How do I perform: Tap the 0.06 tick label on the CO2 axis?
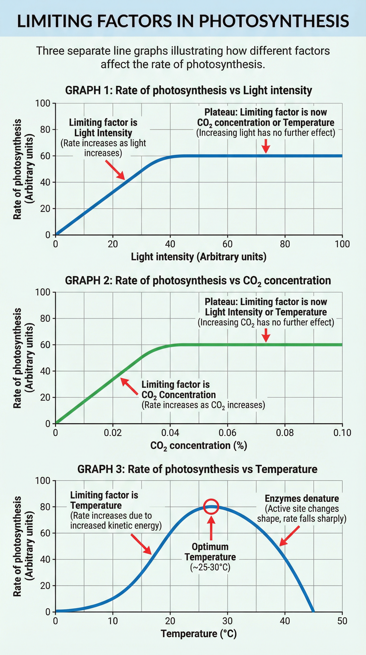click(x=227, y=432)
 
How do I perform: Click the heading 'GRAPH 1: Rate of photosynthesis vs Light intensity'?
click(x=188, y=90)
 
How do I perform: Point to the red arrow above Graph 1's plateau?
click(x=266, y=146)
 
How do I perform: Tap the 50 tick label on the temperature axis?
click(x=342, y=621)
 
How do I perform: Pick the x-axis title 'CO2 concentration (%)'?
click(x=198, y=446)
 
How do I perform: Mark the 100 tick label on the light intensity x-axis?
click(x=342, y=244)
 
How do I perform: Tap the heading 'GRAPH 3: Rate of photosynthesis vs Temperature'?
click(x=197, y=469)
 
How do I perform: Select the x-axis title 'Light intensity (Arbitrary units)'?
click(x=198, y=257)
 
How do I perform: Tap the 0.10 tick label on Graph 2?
click(x=342, y=432)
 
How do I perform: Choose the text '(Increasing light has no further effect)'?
click(x=265, y=133)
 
